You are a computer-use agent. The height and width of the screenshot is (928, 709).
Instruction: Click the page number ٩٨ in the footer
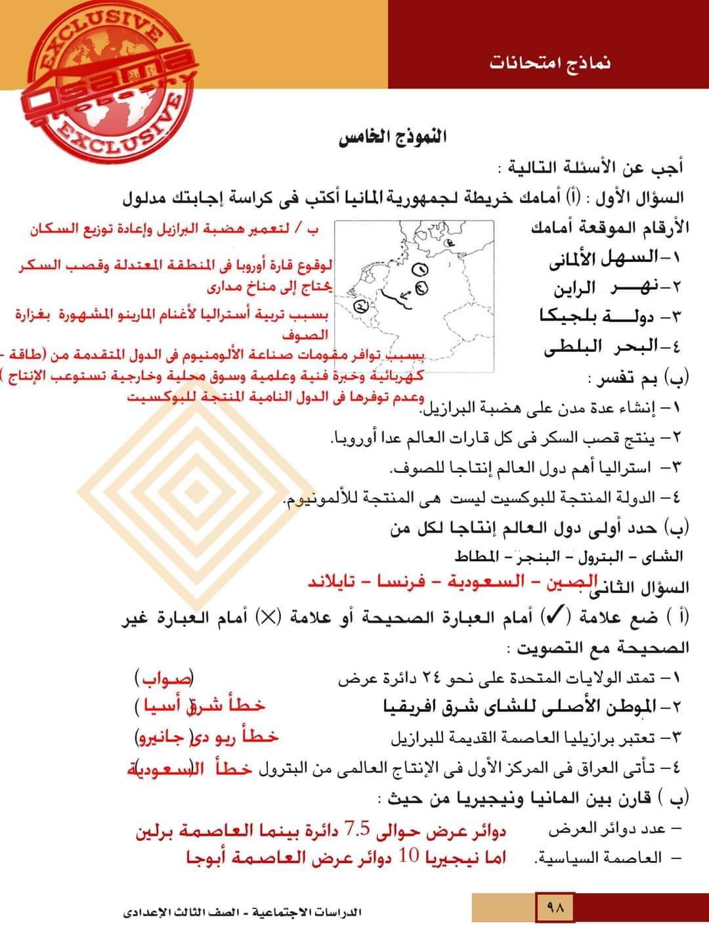point(555,910)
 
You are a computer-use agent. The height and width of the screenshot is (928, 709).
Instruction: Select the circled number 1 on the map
point(421,269)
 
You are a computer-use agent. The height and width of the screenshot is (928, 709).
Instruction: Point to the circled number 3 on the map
point(360,306)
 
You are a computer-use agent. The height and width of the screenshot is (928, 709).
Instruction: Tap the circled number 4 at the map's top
point(450,244)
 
